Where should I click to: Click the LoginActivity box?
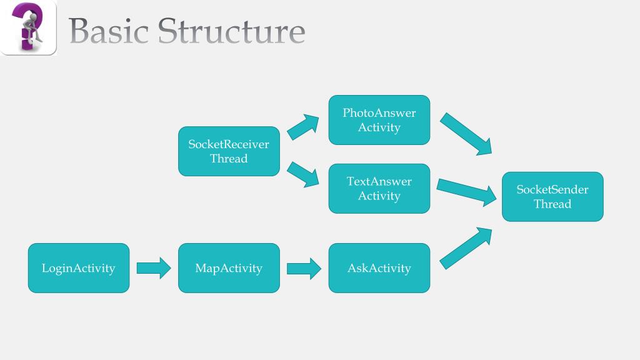(79, 268)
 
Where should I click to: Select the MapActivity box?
(229, 268)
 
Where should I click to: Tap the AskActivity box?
(379, 268)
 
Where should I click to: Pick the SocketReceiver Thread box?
(229, 151)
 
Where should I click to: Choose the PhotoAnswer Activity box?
(379, 120)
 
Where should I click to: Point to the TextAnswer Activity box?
(379, 189)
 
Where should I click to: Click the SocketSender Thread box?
(552, 196)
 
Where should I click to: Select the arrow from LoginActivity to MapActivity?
(154, 268)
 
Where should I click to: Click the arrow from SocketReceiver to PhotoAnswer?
(303, 127)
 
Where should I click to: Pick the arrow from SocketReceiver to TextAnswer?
(303, 174)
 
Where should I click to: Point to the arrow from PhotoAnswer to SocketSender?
(466, 134)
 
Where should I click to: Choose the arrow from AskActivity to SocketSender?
(466, 248)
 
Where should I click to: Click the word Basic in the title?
(107, 31)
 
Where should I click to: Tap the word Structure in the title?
(231, 31)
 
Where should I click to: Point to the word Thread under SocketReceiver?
(229, 159)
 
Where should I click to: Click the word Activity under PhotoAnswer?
(379, 127)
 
